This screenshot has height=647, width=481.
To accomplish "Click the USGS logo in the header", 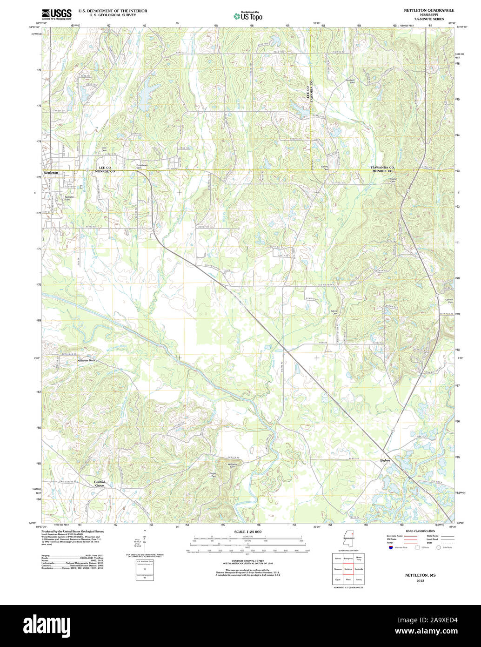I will [x=57, y=13].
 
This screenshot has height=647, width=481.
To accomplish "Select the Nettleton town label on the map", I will [x=51, y=173].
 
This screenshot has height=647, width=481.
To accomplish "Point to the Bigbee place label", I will [x=385, y=460].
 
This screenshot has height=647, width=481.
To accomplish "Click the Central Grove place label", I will [x=100, y=484].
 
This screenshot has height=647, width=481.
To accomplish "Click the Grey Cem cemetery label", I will [x=104, y=149].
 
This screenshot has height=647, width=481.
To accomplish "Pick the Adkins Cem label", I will [x=334, y=312].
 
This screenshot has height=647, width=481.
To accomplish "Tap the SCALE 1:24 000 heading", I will [x=248, y=532].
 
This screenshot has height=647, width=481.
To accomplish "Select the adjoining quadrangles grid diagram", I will [x=347, y=569].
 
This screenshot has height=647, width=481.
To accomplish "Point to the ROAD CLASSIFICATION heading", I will [x=421, y=531].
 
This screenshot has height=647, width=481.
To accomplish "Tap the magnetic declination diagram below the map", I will [x=144, y=540].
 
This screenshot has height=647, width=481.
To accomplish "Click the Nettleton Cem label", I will [x=70, y=198].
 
